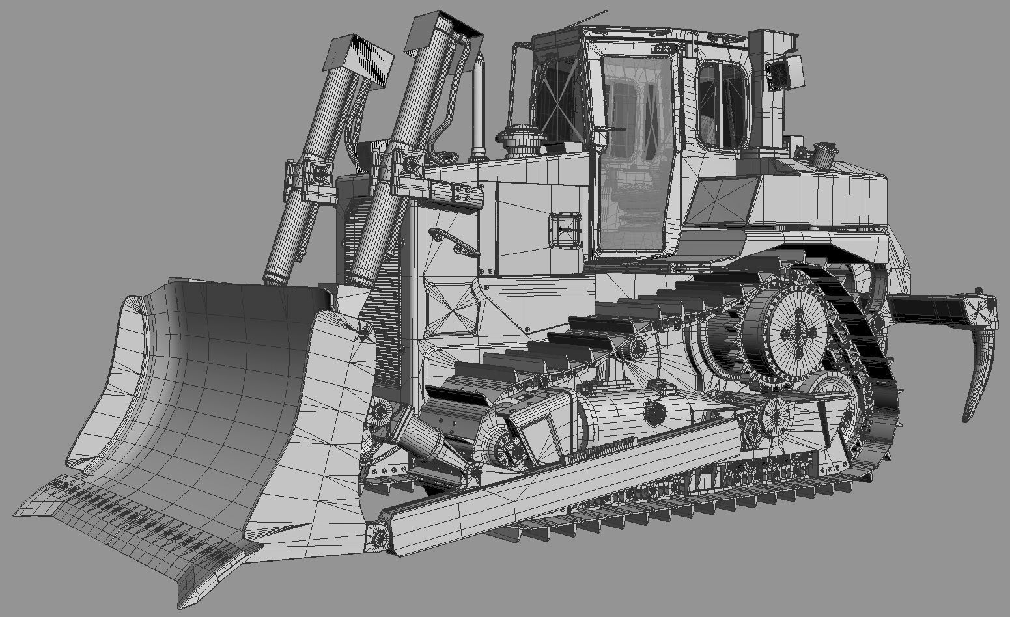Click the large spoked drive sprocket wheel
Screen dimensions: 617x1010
pos(797,332)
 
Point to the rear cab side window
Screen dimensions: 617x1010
pos(722,104)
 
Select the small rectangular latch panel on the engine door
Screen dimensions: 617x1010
pos(564,228)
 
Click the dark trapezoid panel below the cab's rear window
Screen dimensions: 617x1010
pos(724,200)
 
